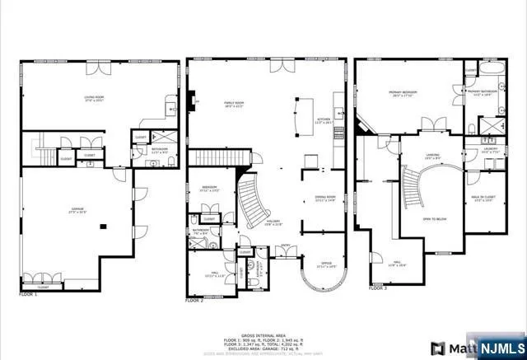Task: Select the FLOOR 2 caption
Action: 194,302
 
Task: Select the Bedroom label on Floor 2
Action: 209,188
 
